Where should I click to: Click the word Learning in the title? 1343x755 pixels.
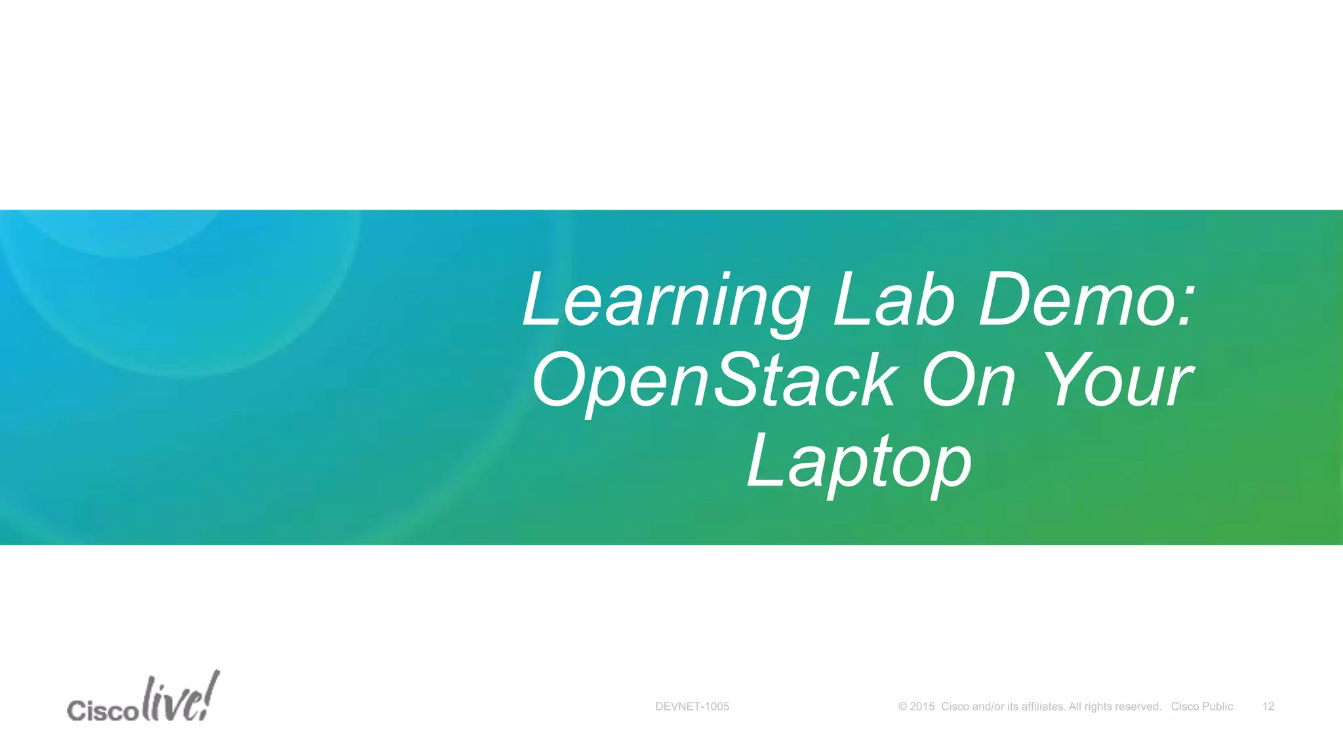pos(666,301)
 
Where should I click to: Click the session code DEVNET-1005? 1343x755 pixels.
pos(692,707)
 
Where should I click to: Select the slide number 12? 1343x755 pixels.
pos(1268,707)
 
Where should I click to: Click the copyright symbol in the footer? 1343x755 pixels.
pos(903,707)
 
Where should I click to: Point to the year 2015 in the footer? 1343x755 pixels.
pos(922,707)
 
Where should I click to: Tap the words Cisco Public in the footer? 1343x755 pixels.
pos(1202,707)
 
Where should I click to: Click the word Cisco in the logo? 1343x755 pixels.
pos(102,710)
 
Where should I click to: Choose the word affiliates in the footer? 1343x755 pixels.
pos(1043,707)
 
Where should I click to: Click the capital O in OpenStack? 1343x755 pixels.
pos(561,380)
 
